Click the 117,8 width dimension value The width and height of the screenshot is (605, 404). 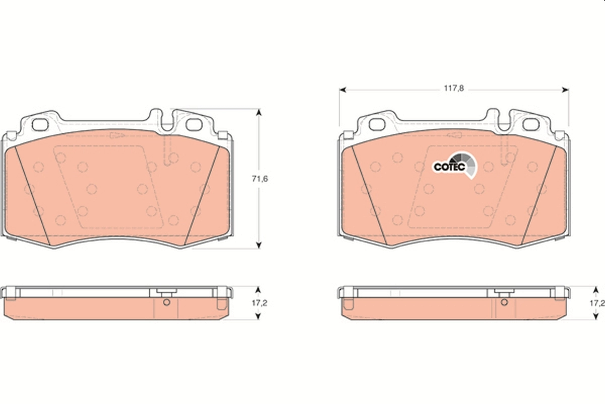point(453,88)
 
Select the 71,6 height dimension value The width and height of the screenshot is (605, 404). point(259,178)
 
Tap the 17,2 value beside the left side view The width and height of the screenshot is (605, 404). point(259,303)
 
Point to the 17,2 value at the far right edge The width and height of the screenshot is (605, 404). point(597,303)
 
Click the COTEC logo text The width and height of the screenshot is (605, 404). point(446,166)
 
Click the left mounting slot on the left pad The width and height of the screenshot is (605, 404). point(39,124)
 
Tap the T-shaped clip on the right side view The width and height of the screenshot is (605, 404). point(503,292)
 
